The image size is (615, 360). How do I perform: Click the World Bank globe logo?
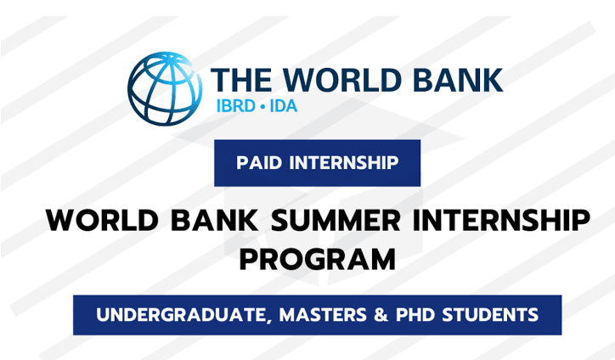coord(165,88)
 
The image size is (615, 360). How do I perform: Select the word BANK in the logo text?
coord(458,80)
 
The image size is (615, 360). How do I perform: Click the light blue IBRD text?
coord(236,106)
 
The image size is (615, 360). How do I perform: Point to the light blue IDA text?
coord(283,106)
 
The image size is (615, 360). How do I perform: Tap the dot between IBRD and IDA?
coord(262,107)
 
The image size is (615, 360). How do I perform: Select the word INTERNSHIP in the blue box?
coord(344,163)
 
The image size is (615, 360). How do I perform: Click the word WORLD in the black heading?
coord(102,221)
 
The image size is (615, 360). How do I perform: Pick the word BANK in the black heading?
coord(214,221)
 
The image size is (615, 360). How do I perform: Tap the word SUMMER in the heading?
coord(336,221)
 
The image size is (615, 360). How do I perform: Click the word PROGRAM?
coord(318,260)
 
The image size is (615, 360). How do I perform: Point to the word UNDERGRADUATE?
coord(182,315)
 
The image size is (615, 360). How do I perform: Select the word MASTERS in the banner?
coord(323,315)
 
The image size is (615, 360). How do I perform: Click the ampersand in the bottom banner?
coord(381,315)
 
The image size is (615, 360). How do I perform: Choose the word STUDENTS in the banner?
coord(490,315)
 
